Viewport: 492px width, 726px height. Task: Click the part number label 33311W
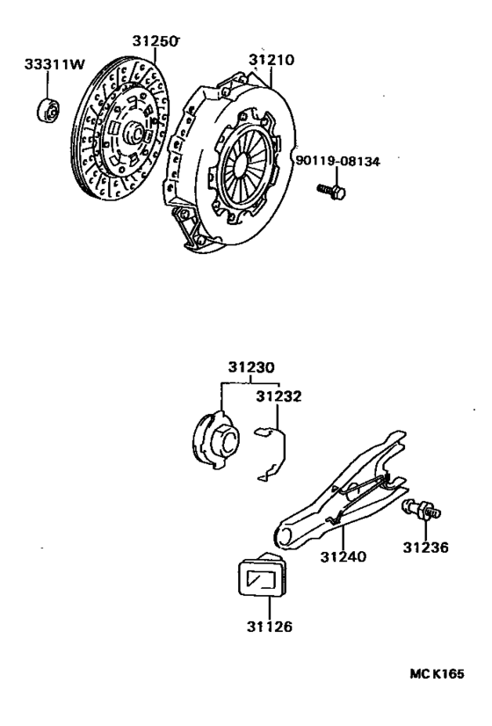54,64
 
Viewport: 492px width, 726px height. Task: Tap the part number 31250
155,41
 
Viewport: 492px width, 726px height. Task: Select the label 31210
271,60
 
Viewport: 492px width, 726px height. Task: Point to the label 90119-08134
338,161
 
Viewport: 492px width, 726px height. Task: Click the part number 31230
251,367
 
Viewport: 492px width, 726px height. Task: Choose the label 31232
279,396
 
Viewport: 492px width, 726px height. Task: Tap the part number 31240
343,556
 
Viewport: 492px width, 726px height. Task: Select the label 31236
425,548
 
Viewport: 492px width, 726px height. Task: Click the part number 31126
270,627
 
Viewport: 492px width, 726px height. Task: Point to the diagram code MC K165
437,673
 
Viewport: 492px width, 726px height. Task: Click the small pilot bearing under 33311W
47,111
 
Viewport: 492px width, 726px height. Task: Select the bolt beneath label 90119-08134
331,192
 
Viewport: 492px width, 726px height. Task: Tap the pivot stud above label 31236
421,510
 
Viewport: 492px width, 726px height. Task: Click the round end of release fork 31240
285,537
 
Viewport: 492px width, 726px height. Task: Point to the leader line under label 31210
271,77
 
